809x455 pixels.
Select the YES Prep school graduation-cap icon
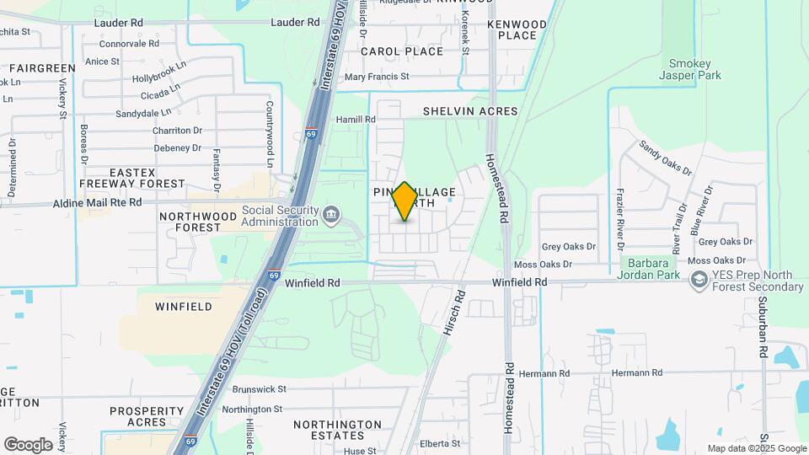[699, 279]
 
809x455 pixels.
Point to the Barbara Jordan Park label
[648, 266]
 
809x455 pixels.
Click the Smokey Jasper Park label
[695, 69]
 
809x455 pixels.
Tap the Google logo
[28, 445]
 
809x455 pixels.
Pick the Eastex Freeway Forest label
[132, 178]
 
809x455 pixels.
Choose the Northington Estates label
[337, 430]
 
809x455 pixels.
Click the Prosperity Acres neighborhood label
[147, 416]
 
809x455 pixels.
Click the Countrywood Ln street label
[271, 133]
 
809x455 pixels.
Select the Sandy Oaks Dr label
[665, 158]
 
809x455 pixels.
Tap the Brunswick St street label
[259, 390]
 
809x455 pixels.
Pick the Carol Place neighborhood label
[402, 51]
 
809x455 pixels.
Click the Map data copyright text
[757, 448]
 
